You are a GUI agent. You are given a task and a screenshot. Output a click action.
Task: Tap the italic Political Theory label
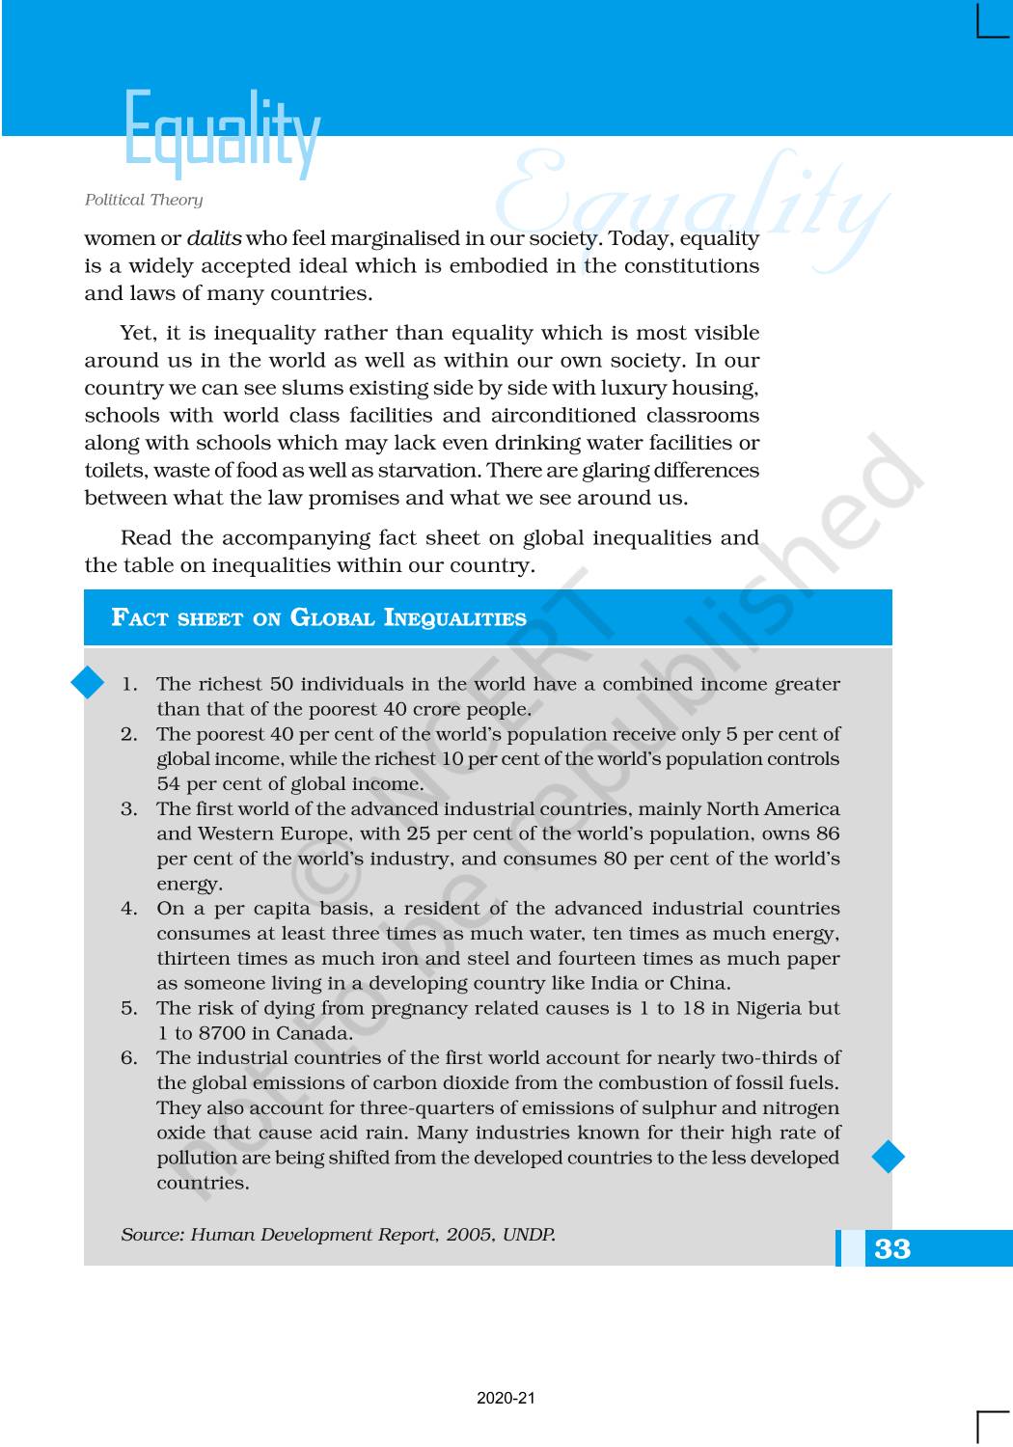tap(144, 200)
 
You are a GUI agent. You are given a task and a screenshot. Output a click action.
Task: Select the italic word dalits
tap(214, 238)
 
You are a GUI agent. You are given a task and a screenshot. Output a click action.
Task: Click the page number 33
tap(892, 1248)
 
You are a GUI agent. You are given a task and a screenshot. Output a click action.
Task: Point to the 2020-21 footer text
tap(506, 1398)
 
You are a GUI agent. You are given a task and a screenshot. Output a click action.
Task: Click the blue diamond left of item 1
tap(88, 683)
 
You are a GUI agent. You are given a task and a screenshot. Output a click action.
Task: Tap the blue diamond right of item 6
tap(888, 1156)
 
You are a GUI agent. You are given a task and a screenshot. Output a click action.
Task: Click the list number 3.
tap(128, 809)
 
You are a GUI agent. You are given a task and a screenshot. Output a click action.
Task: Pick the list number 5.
tap(128, 1008)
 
